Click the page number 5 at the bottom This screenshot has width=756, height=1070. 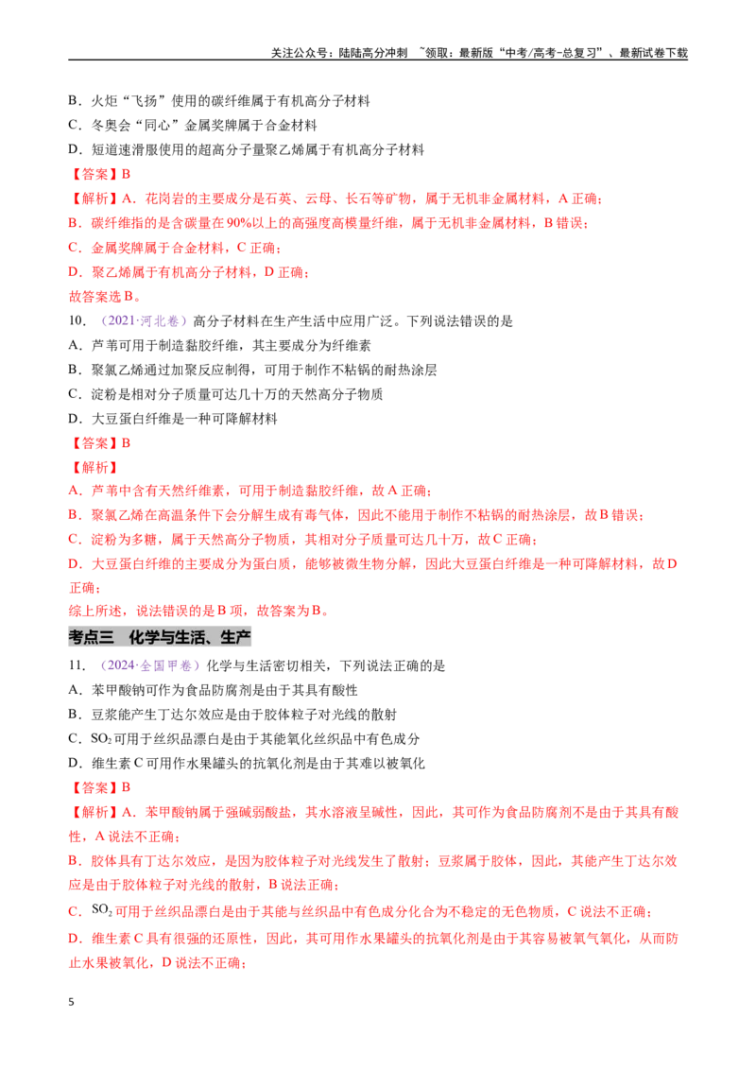click(x=71, y=1002)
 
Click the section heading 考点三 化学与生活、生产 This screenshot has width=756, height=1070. click(x=160, y=637)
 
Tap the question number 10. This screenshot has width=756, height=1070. click(x=77, y=320)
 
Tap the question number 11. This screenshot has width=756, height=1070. click(x=77, y=665)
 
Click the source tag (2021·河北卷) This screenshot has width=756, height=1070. click(x=144, y=320)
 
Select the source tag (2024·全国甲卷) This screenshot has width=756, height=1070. click(x=150, y=665)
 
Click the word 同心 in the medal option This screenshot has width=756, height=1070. click(x=158, y=126)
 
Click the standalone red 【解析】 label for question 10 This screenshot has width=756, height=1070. click(x=94, y=468)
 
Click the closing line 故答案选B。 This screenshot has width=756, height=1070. click(x=105, y=296)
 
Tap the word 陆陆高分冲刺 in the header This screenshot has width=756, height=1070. click(x=373, y=53)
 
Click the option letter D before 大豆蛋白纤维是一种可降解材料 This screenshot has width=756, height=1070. click(x=75, y=419)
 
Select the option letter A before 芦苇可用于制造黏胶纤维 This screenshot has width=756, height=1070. click(x=75, y=345)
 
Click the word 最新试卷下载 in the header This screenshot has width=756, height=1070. click(x=653, y=53)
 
